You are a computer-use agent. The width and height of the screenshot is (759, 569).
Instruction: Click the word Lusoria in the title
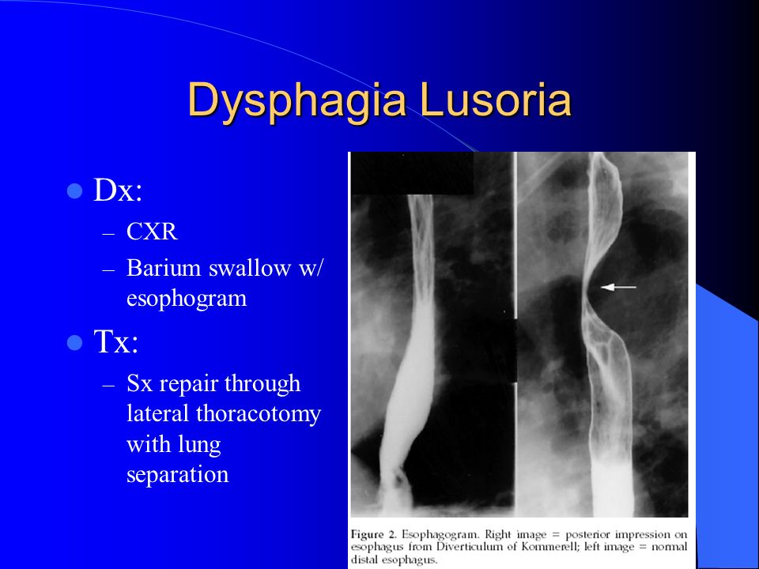coord(496,100)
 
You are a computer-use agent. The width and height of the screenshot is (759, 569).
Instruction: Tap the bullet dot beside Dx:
coord(74,191)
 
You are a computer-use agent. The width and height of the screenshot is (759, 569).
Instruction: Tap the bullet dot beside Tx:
coord(74,342)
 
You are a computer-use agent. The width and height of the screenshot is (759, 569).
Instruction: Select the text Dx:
coord(118,190)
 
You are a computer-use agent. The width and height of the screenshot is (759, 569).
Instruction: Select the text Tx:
coord(116,341)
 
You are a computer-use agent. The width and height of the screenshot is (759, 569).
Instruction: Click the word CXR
coord(152,232)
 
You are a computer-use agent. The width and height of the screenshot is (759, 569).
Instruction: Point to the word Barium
coord(164,268)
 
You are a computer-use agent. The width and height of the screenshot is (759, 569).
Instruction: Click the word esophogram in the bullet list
coord(187,299)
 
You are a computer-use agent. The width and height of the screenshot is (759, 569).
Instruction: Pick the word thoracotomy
coord(259,414)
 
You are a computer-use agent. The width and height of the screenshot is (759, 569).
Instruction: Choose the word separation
coord(177,475)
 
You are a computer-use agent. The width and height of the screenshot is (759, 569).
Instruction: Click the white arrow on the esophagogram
coord(618,288)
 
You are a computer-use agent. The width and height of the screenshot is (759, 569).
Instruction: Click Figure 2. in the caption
coord(374,535)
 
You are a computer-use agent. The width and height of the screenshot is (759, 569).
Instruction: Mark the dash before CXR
coord(108,233)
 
